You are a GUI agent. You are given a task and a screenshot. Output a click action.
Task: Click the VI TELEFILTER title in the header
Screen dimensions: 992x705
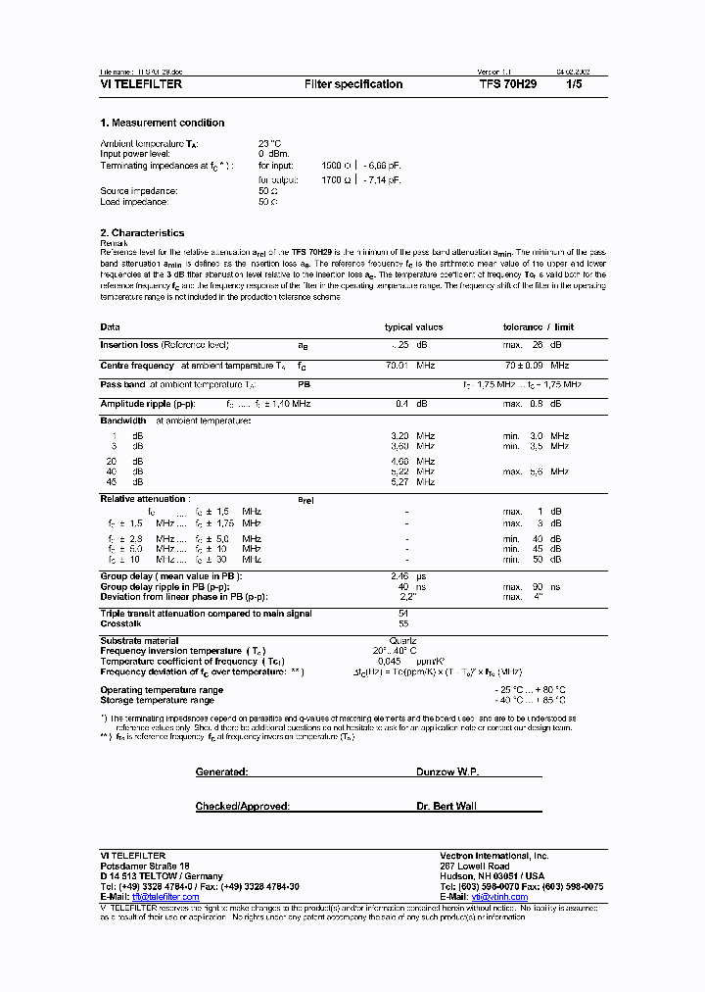pos(141,85)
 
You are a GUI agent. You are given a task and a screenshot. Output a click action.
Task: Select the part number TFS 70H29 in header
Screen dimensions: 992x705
pos(508,85)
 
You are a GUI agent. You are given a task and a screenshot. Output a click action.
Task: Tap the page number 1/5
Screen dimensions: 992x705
pos(574,85)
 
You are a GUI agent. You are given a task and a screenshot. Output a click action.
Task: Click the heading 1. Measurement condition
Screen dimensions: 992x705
pos(163,124)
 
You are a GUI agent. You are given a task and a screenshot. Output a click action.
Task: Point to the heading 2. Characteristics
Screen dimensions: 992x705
pos(142,233)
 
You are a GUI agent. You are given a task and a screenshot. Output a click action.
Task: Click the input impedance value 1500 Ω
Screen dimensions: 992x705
pos(339,168)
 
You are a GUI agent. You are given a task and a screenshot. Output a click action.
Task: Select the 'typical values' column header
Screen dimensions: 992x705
pos(413,327)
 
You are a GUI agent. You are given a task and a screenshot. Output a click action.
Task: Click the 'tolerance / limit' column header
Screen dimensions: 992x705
pos(539,327)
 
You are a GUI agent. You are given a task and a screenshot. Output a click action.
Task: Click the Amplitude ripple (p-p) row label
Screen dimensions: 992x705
pos(148,404)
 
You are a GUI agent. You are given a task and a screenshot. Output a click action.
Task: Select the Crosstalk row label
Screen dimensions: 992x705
pos(121,623)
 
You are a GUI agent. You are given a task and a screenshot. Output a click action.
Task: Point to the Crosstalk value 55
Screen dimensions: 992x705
pos(402,623)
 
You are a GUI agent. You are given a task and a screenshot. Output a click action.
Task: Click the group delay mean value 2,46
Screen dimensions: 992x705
pos(399,576)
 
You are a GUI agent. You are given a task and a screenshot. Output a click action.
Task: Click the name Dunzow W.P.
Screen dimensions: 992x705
pos(447,772)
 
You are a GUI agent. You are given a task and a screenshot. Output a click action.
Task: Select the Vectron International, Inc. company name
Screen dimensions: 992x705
pos(494,856)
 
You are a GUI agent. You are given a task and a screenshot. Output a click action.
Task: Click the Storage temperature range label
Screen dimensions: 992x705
pos(157,700)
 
